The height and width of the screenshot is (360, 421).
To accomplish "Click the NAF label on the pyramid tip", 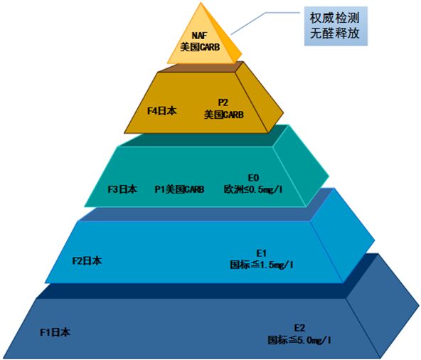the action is pos(200,36).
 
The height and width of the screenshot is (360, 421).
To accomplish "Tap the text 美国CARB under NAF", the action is pos(200,47).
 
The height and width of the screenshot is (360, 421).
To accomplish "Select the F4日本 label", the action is pos(162,111).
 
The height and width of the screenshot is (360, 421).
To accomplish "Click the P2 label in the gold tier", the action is pos(223,102).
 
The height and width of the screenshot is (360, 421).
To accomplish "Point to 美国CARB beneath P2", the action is pos(224,115).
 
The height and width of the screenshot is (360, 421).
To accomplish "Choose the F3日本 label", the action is pos(122,189).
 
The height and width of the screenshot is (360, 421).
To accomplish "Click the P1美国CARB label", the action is pos(179,189).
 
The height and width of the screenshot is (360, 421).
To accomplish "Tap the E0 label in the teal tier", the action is pos(253,178).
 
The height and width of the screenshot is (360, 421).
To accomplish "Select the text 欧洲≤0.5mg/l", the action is pos(253,189).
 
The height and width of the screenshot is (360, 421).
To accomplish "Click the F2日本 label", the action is pos(87,261).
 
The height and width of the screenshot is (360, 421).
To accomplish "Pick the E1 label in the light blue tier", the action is pos(261,253).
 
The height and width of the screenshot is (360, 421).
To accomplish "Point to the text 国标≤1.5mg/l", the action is pos(262,265).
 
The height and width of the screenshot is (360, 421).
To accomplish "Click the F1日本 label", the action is pos(55,332).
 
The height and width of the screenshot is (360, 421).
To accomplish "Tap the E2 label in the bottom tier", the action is pos(299,328).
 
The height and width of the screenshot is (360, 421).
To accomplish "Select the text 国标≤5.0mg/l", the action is pos(299,340).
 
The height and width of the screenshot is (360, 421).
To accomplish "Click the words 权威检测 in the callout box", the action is pos(334,18).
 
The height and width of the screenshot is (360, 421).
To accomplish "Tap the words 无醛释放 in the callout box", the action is pos(334,33).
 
